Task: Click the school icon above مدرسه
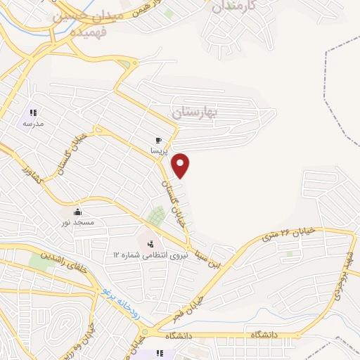coord(32,112)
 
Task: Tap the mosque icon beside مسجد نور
coord(77,212)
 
